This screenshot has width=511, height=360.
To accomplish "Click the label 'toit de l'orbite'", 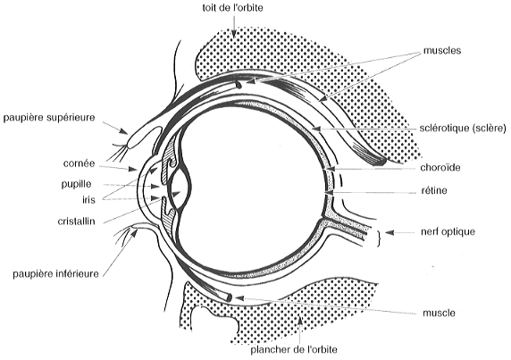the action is pos(232,7).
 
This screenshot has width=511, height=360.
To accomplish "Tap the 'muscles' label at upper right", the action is pos(442,51).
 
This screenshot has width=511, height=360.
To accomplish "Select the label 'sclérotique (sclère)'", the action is pos(463,129).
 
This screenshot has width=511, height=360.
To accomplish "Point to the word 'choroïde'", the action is pos(440,167).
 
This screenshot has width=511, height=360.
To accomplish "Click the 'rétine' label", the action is pos(434,190).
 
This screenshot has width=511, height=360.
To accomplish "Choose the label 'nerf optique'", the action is pos(448,232).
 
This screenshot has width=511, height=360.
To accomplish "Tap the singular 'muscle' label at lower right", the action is pos(439,313).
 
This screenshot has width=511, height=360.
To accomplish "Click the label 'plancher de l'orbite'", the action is pos(294,350).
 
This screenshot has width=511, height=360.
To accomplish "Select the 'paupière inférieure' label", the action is pos(55,274).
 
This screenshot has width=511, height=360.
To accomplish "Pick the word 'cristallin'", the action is pos(76,222).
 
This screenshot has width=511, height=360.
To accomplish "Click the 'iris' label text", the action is pos(88,199).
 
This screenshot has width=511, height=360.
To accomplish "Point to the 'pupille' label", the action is pos(76,184).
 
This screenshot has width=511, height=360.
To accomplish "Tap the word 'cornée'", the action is pos(79,163).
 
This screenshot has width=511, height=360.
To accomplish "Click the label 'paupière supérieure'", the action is pos(49,118).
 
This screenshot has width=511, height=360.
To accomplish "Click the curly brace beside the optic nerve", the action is pos(379,239).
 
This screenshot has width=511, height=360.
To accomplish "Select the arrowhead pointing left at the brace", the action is pos(390,232).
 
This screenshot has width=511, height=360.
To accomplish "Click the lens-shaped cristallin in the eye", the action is pos(180,189).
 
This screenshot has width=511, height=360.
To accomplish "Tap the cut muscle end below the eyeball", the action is pos(229,297).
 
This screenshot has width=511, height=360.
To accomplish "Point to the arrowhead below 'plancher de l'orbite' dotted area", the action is pos(300,320).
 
